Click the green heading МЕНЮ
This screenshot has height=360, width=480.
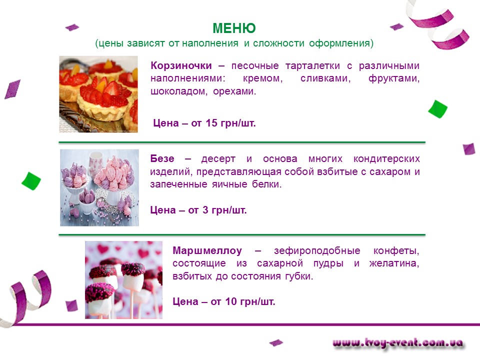click(234, 28)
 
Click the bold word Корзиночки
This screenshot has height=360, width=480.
click(181, 65)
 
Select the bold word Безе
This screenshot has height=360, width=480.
click(162, 158)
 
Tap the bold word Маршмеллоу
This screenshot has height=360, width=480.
click(207, 250)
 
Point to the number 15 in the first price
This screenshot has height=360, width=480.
click(211, 123)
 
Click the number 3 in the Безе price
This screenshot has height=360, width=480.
click(205, 210)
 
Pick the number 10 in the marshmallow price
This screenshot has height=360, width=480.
click(231, 301)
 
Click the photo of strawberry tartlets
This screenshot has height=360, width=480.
click(98, 94)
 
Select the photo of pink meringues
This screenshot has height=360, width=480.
click(99, 187)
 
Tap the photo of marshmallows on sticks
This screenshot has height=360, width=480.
click(123, 280)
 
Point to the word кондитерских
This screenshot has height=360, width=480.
click(386, 159)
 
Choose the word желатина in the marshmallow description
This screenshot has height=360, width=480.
click(394, 263)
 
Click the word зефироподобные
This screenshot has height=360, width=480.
click(317, 251)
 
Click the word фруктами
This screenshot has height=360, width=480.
click(394, 78)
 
